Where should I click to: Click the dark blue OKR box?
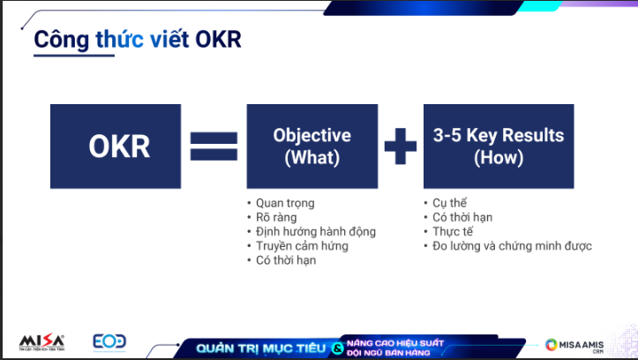116,146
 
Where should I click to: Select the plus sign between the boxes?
401,146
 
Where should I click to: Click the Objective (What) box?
312,146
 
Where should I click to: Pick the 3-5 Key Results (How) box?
499,146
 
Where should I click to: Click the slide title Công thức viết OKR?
138,40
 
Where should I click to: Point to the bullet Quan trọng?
285,203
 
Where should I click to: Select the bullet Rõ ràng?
276,217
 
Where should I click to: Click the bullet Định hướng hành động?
316,231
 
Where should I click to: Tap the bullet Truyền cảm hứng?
302,245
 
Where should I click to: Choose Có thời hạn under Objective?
286,260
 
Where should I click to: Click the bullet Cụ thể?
450,203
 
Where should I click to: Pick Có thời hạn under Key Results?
462,217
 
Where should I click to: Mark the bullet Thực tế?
453,231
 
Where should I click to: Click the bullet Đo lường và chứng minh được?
512,245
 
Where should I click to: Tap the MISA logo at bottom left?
41,342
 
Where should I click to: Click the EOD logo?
109,342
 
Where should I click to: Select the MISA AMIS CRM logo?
574,345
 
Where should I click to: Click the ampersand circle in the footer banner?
337,349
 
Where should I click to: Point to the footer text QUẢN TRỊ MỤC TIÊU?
261,349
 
